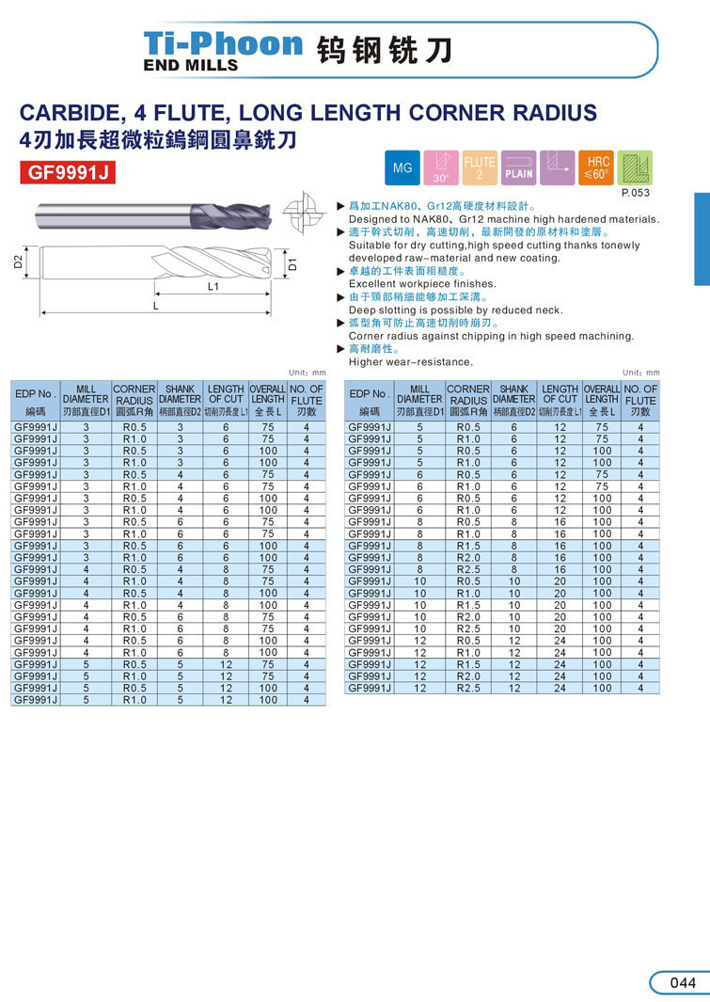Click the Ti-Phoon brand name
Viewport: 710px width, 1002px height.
(223, 43)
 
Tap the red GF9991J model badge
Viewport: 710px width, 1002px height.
(67, 172)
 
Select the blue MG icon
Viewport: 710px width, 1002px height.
(402, 168)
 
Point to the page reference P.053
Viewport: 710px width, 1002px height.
(637, 192)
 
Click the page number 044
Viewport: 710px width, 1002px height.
(683, 983)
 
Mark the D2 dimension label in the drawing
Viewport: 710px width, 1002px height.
(18, 262)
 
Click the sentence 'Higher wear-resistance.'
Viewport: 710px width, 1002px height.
(411, 362)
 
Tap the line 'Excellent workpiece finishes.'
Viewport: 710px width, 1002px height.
(422, 283)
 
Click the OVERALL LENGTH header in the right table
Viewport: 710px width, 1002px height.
(602, 400)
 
